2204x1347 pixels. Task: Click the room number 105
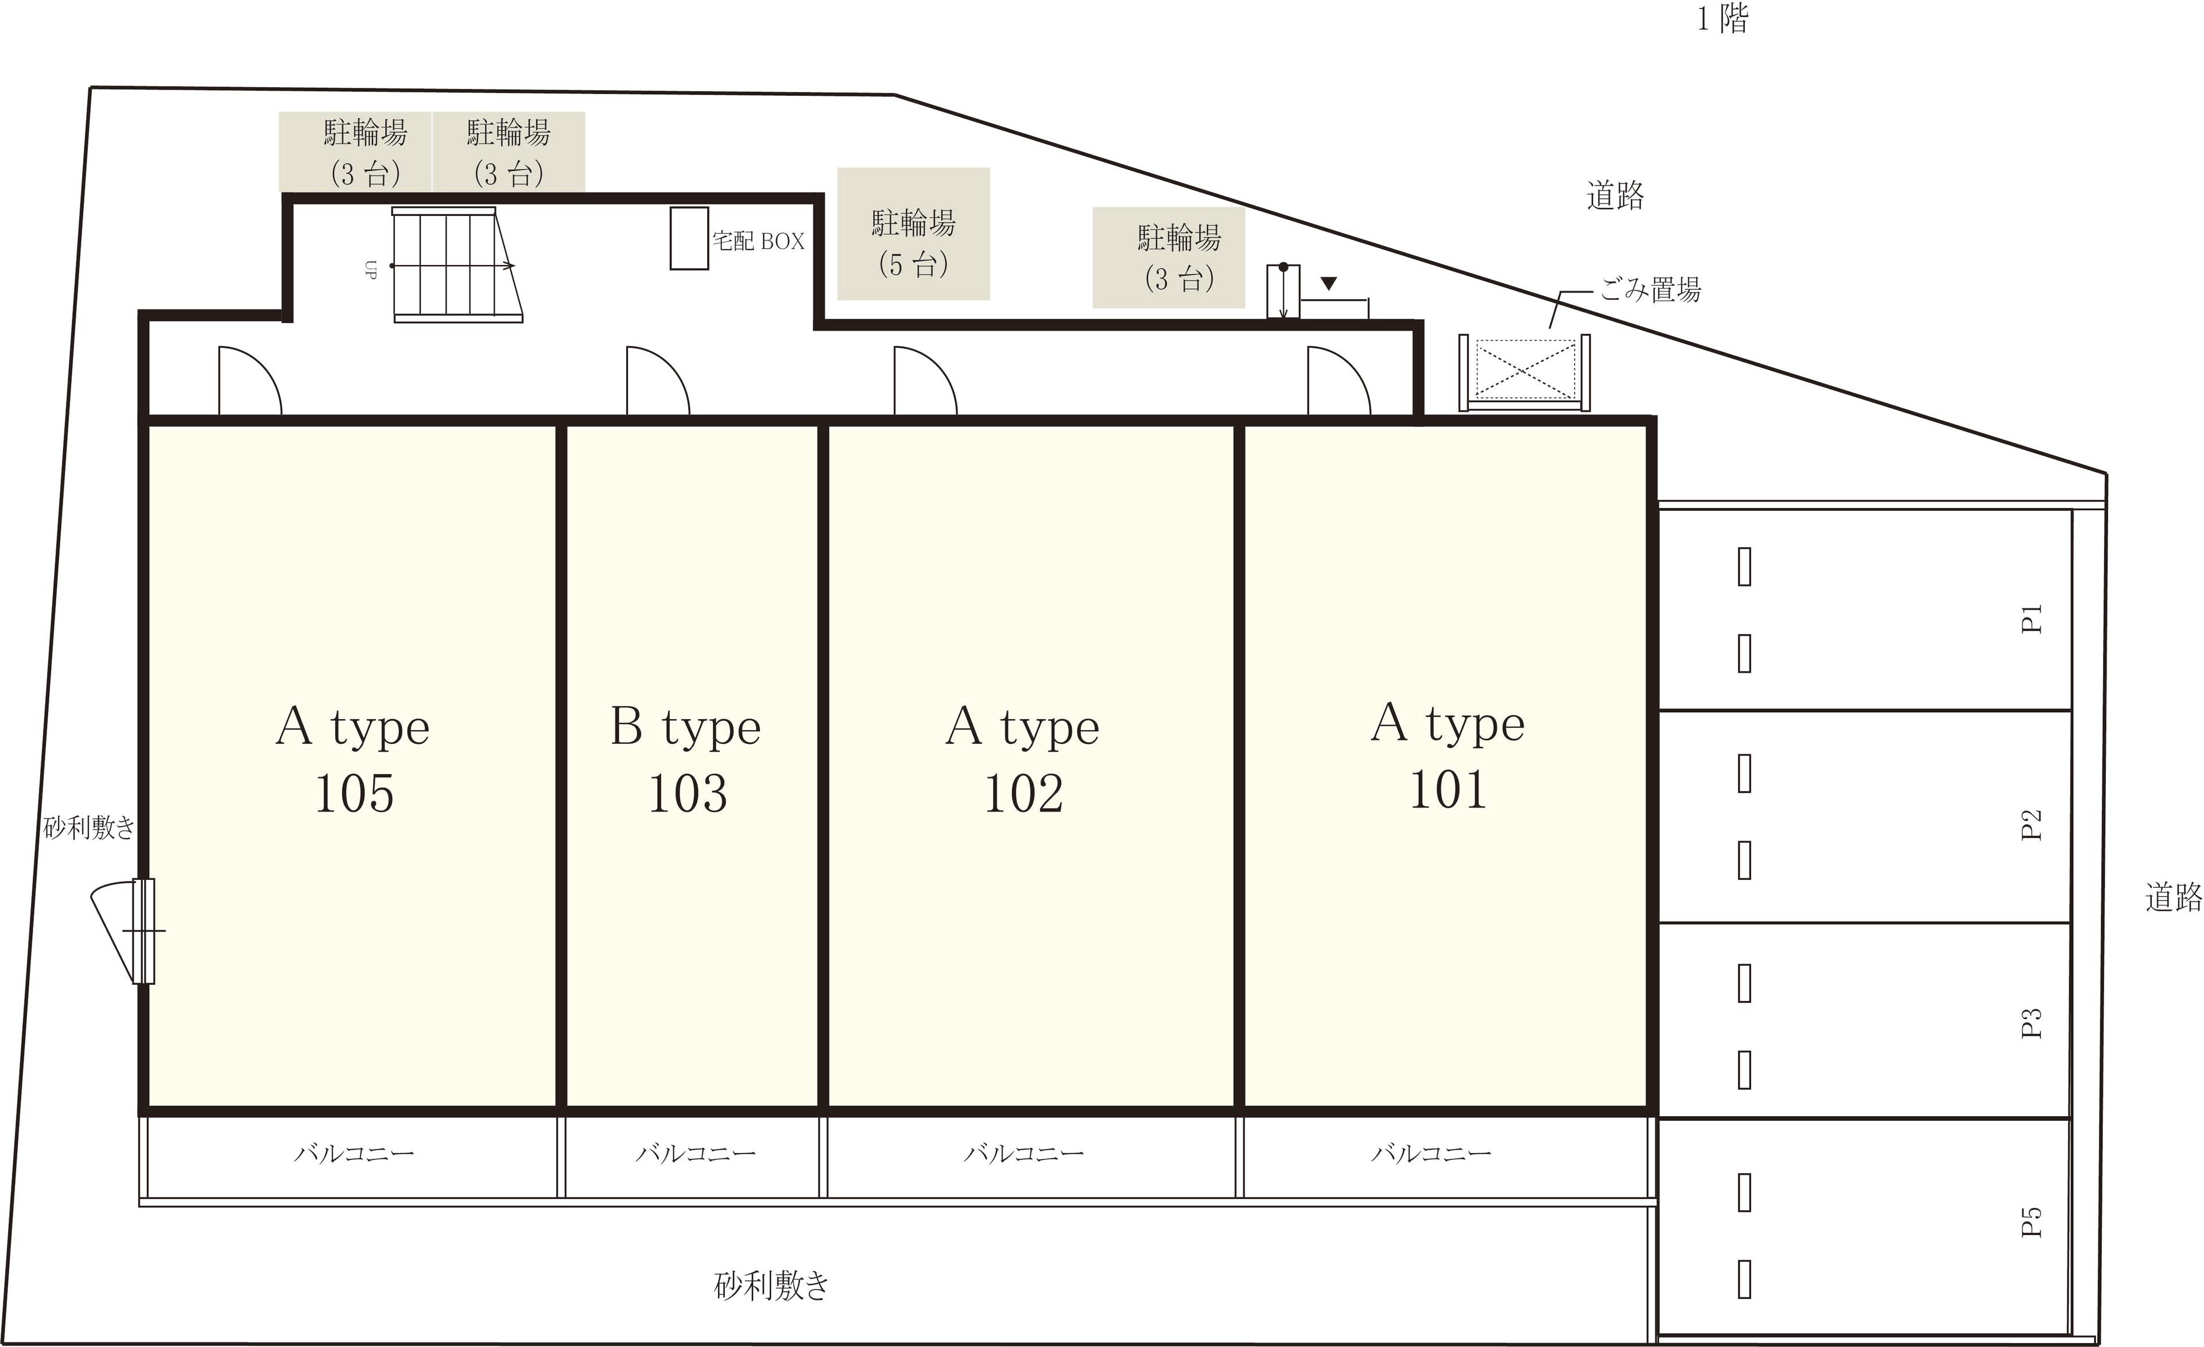pyautogui.click(x=354, y=793)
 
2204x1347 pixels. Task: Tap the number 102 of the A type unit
pyautogui.click(x=1023, y=793)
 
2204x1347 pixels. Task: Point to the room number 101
pyautogui.click(x=1448, y=790)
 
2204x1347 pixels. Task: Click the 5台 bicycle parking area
pyautogui.click(x=913, y=234)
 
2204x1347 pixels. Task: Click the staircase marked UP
pyautogui.click(x=457, y=265)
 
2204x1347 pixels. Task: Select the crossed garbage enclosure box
pyautogui.click(x=1525, y=372)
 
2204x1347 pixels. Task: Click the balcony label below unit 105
pyautogui.click(x=354, y=1153)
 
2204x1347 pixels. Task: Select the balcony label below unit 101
pyautogui.click(x=1431, y=1153)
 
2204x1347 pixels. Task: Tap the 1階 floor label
pyautogui.click(x=1723, y=19)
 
